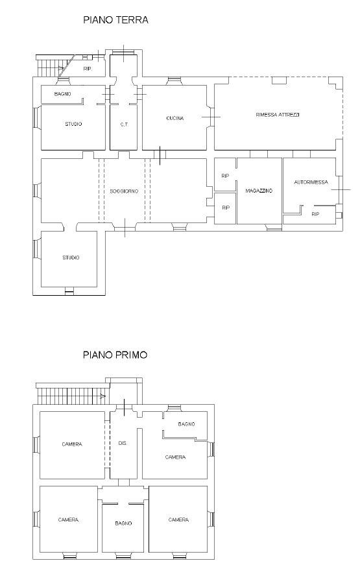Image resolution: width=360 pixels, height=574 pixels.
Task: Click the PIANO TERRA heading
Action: point(115,19)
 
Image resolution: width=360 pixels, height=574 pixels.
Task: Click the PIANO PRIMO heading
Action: point(115,355)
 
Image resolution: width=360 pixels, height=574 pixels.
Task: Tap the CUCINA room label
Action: point(174,118)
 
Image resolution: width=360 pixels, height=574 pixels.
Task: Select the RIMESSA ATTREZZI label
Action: point(278,115)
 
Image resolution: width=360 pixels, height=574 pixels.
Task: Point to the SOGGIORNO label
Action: point(124,191)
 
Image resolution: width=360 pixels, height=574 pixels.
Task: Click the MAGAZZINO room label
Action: point(259,191)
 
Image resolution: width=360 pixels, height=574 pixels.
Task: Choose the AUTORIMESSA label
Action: point(311,182)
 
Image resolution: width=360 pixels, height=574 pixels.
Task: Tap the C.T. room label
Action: point(124,125)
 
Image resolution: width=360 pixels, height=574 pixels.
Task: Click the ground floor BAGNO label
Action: point(63,94)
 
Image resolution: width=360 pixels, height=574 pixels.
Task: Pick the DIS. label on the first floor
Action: point(123,443)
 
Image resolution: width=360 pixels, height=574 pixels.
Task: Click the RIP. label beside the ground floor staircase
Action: point(88,69)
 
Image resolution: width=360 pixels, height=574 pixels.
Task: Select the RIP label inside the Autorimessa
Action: point(315,214)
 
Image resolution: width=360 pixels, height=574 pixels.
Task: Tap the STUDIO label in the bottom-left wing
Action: point(71,257)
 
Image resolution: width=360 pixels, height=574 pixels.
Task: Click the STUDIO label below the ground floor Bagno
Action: point(73,124)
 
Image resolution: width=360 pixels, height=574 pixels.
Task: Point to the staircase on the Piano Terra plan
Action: point(55,66)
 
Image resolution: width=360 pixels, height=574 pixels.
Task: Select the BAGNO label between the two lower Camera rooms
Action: point(123,523)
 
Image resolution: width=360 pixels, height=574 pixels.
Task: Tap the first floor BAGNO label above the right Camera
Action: point(186,424)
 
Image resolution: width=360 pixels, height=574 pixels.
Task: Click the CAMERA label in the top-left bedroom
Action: point(72,444)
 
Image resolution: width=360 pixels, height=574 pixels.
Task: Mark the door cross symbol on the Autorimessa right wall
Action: point(341,189)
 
